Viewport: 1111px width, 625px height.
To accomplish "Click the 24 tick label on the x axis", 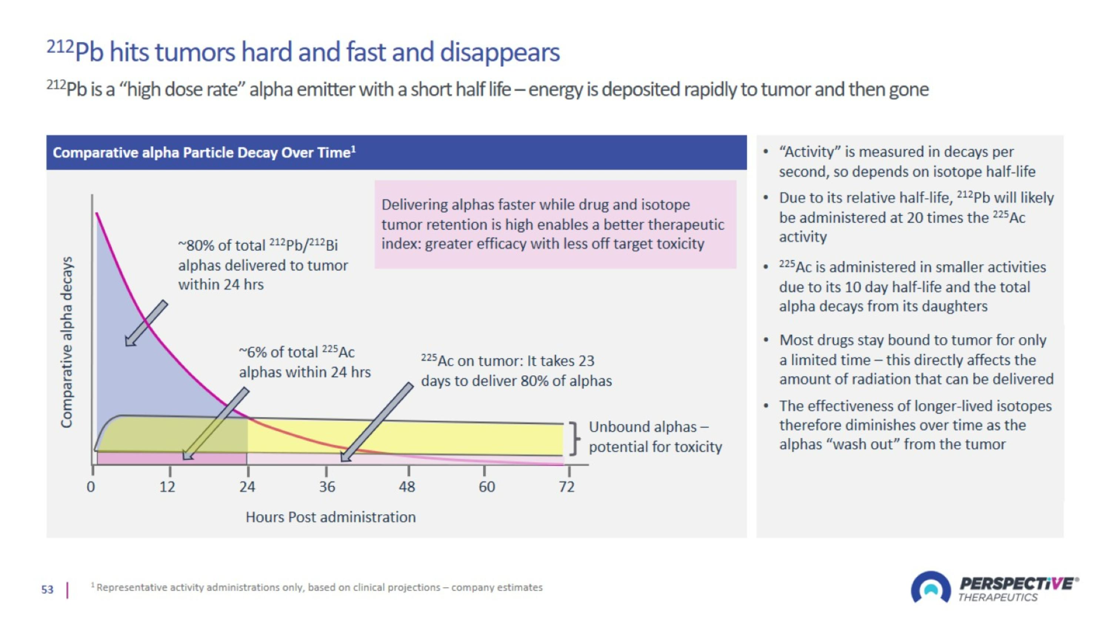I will click(x=247, y=487).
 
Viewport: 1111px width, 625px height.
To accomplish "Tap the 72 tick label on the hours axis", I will click(x=567, y=487).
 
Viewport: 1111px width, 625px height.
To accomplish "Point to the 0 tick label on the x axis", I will click(x=91, y=487).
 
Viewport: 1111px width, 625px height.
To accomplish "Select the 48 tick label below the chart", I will click(x=407, y=487).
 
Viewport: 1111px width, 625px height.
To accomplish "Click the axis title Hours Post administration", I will click(x=330, y=517).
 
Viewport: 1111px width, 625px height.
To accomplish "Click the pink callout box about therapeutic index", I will click(x=555, y=224).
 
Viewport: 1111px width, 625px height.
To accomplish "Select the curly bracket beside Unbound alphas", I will click(x=574, y=439).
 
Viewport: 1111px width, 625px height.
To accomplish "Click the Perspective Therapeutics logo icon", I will click(x=930, y=588).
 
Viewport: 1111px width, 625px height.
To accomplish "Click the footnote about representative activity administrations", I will click(x=319, y=588).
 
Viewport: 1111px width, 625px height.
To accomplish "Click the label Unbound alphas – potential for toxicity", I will click(x=655, y=436).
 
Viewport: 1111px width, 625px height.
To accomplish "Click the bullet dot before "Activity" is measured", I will click(x=765, y=152).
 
